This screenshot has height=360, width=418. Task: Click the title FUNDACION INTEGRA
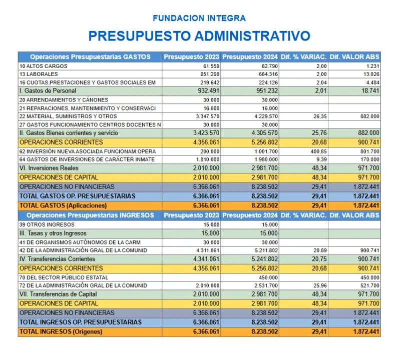[x=199, y=18]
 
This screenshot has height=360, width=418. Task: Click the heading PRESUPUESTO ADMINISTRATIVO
[x=199, y=36]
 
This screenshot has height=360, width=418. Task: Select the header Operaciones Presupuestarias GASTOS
[x=90, y=57]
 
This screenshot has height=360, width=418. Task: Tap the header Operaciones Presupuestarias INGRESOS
[x=90, y=215]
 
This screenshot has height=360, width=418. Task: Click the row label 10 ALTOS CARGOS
[x=43, y=66]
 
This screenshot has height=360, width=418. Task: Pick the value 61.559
[x=211, y=66]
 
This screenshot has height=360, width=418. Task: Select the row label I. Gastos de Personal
[x=48, y=91]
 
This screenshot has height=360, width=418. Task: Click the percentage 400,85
[x=318, y=151]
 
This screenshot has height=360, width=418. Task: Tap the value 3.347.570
[x=207, y=116]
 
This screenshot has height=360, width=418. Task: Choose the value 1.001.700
[x=265, y=151]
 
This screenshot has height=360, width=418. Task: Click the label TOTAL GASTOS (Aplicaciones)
[x=63, y=205]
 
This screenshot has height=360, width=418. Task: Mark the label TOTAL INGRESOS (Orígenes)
[x=61, y=331]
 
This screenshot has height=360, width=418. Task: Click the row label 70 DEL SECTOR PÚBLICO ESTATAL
[x=64, y=277]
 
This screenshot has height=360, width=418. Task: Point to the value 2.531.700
[x=265, y=285]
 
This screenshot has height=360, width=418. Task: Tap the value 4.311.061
[x=207, y=250]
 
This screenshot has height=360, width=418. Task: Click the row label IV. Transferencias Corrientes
[x=57, y=259]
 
